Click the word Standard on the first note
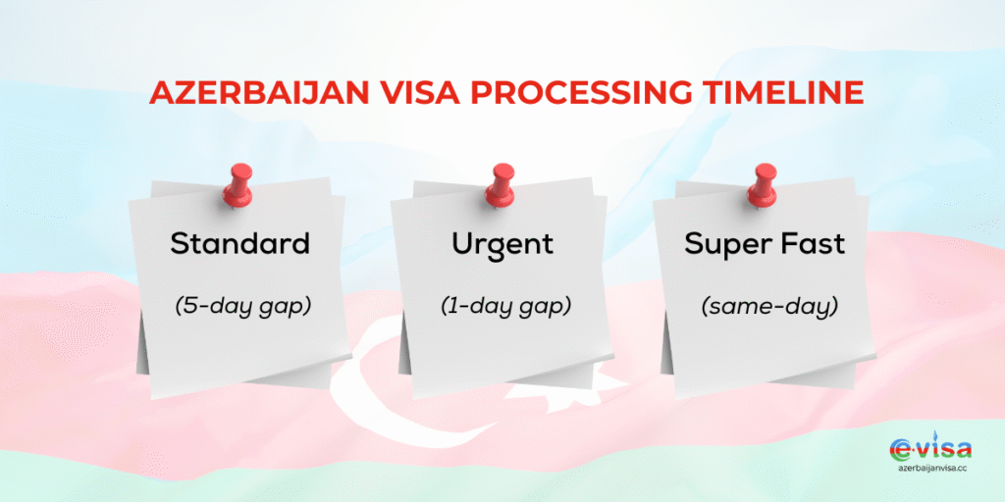pyautogui.click(x=239, y=244)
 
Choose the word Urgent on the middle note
pyautogui.click(x=503, y=244)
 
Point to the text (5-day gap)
pyautogui.click(x=240, y=306)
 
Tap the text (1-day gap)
pyautogui.click(x=504, y=306)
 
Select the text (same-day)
pyautogui.click(x=768, y=306)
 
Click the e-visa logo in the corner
pyautogui.click(x=930, y=451)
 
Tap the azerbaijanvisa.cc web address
pyautogui.click(x=930, y=471)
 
